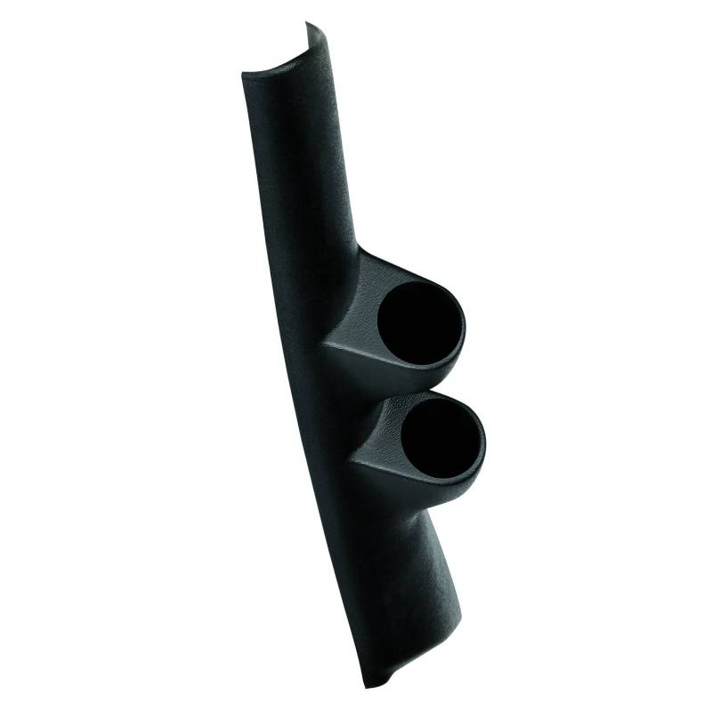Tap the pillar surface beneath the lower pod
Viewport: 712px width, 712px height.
[392, 552]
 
